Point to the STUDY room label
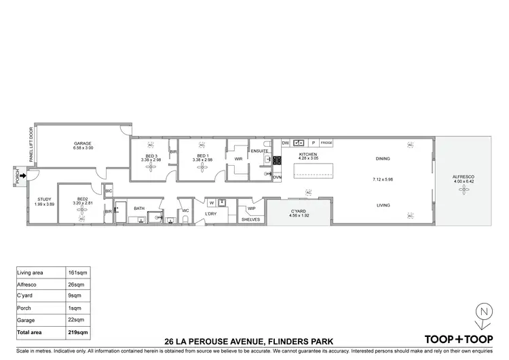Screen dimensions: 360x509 44,200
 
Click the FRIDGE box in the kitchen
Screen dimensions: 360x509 326,143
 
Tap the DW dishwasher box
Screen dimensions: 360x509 285,143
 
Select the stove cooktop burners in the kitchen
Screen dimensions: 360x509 277,161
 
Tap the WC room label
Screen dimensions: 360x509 185,210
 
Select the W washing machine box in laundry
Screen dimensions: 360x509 212,202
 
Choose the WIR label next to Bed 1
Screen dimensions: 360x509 238,159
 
